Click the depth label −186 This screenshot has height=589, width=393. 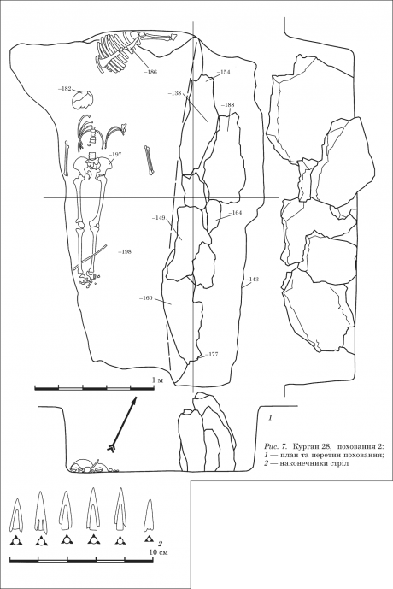tap(151, 72)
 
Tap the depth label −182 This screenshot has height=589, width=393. tap(65, 89)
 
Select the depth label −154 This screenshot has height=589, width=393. tap(223, 72)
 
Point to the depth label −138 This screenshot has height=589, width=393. tap(175, 92)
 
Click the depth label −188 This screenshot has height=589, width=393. tap(228, 105)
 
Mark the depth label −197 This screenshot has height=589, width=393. tap(114, 154)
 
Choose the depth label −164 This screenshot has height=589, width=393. tap(235, 213)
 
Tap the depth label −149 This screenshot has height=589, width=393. tap(159, 217)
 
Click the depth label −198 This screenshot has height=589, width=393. tap(124, 252)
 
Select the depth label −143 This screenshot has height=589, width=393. tap(252, 279)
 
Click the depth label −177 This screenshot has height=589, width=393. tap(211, 354)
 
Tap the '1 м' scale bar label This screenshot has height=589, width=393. tap(158, 380)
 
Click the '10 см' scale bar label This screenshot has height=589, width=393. tap(158, 552)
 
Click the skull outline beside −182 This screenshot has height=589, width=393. tap(83, 99)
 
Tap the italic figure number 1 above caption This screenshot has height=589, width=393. tap(270, 418)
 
